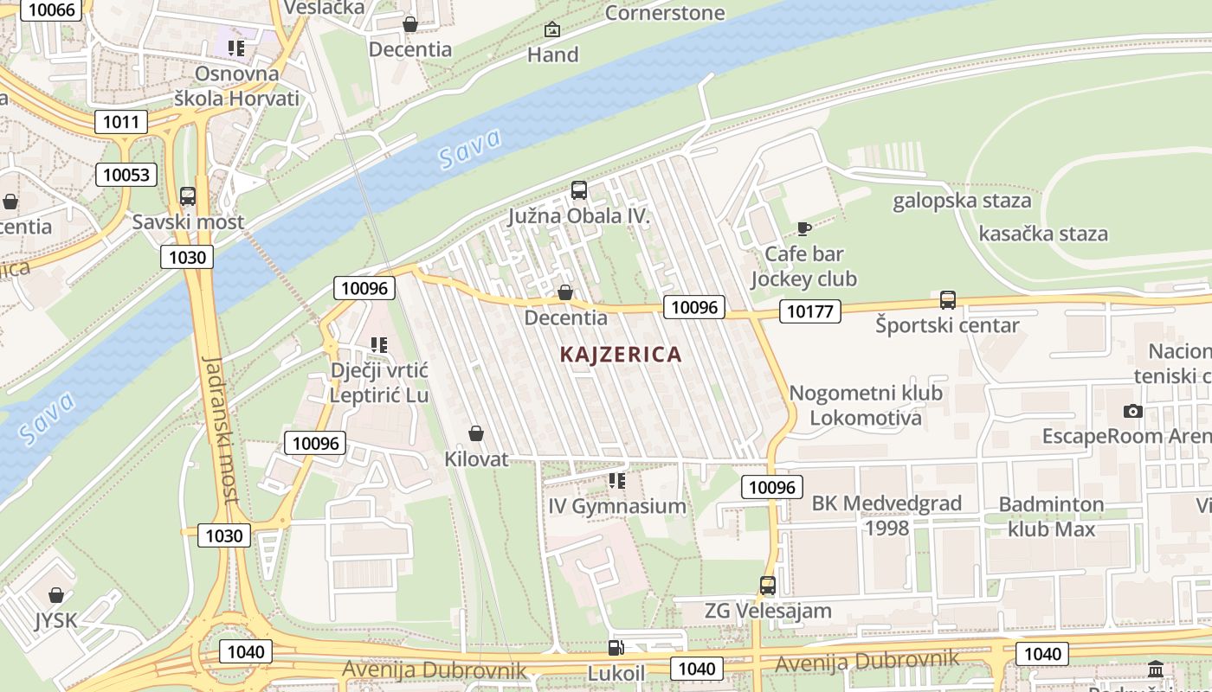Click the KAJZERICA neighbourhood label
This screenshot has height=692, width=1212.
tap(621, 354)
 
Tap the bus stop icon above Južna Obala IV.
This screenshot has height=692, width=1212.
tap(579, 189)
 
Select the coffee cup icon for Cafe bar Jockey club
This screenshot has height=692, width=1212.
tap(803, 228)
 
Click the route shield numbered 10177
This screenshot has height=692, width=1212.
tap(809, 311)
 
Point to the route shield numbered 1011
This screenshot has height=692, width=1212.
tap(120, 121)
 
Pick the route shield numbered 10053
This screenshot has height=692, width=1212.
tap(126, 175)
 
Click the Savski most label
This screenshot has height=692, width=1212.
tap(188, 221)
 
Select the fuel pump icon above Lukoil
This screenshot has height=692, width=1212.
tap(616, 647)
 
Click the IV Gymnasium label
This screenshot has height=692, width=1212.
tap(616, 506)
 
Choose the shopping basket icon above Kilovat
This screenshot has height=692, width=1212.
tap(475, 432)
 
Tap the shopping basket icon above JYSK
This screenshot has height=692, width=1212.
tap(56, 595)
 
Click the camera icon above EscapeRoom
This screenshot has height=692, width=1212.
tap(1132, 411)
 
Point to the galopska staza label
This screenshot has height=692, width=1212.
tap(962, 201)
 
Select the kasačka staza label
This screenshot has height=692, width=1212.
tap(1042, 234)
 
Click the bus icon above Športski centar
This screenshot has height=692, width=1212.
tap(948, 300)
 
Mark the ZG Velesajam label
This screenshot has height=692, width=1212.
tap(767, 611)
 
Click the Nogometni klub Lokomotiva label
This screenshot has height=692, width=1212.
tap(866, 406)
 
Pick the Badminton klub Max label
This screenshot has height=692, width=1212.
tap(1051, 516)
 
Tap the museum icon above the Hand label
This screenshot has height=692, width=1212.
tap(552, 30)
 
